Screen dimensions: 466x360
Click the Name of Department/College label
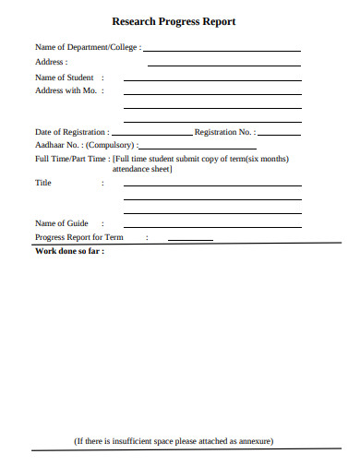(x=88, y=46)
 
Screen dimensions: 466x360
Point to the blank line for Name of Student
(x=212, y=81)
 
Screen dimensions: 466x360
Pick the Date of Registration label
(x=71, y=132)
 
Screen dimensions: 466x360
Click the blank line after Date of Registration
(x=152, y=135)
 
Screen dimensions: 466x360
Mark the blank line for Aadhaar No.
(x=200, y=148)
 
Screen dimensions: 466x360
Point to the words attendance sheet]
(x=143, y=170)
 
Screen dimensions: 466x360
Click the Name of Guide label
(x=62, y=223)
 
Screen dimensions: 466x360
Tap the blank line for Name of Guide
(x=212, y=226)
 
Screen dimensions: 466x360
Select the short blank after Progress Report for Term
(x=190, y=240)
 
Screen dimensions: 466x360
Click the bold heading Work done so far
(x=68, y=250)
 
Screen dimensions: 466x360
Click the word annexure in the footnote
(x=252, y=441)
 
